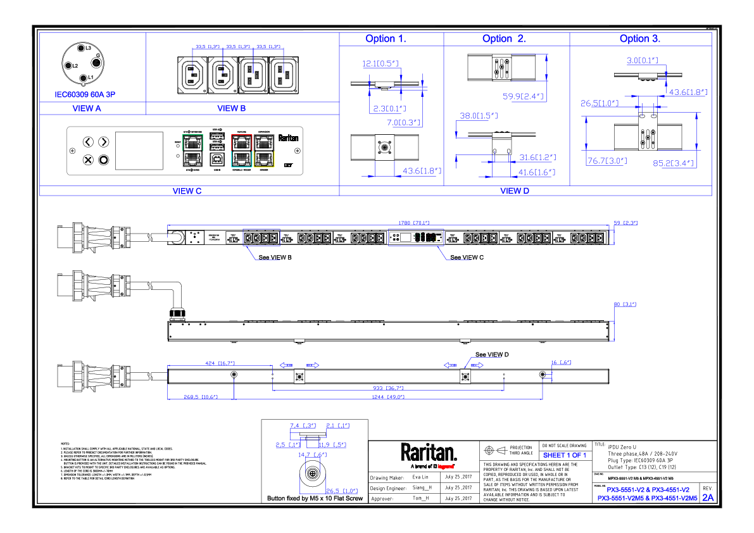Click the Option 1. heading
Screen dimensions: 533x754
(386, 39)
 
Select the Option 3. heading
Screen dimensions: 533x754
(639, 39)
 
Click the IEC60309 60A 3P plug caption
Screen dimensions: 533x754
(84, 94)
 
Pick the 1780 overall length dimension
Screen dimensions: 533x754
(413, 222)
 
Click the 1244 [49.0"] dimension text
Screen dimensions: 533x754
(387, 397)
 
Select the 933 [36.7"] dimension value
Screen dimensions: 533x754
(387, 388)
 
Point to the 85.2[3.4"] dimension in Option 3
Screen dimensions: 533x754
(674, 163)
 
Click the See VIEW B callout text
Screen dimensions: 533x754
(275, 258)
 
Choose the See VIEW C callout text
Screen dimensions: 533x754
(467, 258)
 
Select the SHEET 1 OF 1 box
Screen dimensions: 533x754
(565, 455)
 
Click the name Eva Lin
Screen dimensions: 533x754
(420, 477)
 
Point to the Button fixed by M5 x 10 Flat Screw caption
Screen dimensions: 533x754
(315, 499)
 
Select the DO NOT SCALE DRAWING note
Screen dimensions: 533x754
(564, 446)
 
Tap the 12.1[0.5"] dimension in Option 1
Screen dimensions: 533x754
(380, 63)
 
